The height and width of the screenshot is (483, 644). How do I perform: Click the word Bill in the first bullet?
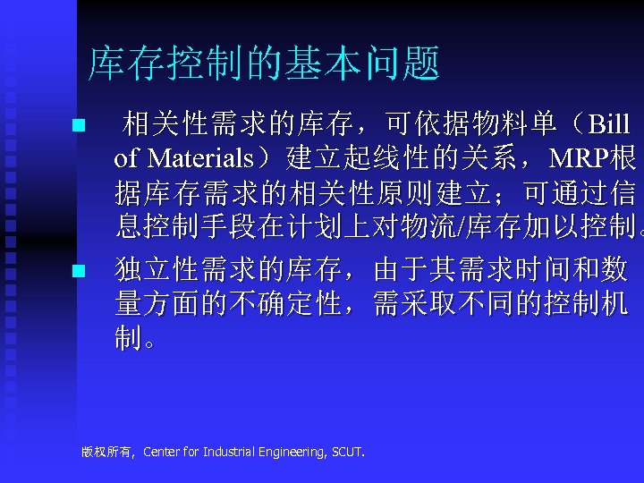point(607,124)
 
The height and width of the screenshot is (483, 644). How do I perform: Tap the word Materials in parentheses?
point(200,158)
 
